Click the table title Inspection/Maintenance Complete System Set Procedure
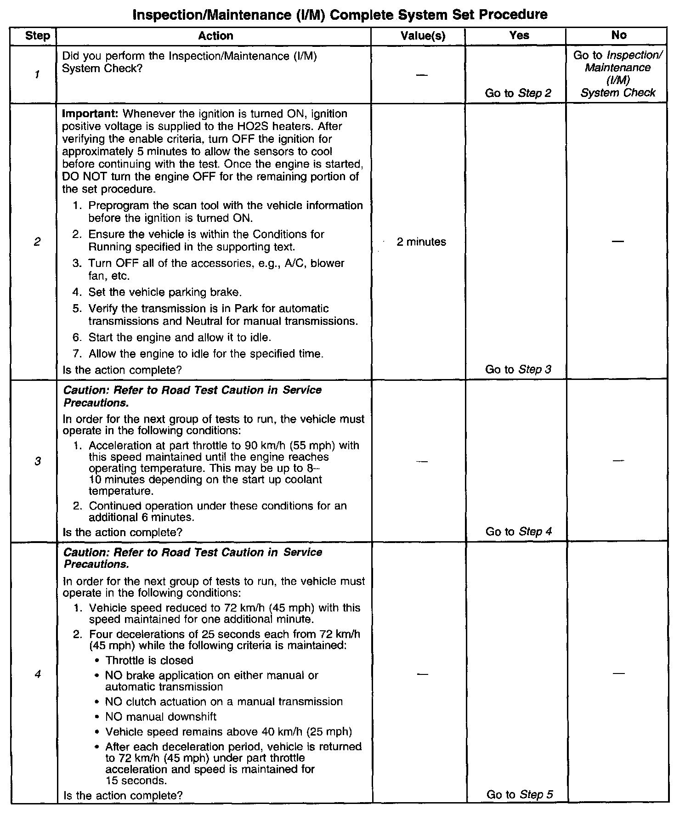(x=340, y=15)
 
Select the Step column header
(x=38, y=36)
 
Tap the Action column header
(x=215, y=36)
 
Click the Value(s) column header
(x=423, y=36)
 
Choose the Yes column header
(x=519, y=35)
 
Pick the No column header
(x=618, y=35)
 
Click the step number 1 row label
(x=37, y=74)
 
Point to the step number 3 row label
(x=38, y=461)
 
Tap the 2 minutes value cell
(x=421, y=242)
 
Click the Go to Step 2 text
(x=518, y=93)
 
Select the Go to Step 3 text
(x=518, y=369)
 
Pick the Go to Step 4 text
(x=518, y=532)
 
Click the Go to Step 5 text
(x=519, y=794)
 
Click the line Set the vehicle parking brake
(x=165, y=292)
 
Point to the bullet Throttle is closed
(x=149, y=660)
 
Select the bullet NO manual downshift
(x=160, y=717)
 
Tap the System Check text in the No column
(x=617, y=93)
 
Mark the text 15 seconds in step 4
(x=136, y=781)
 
